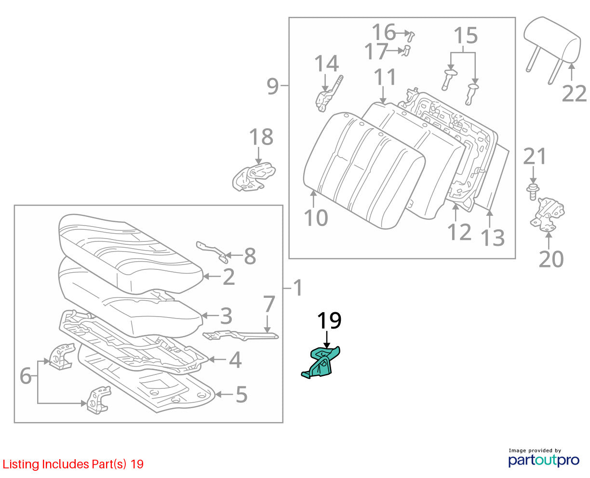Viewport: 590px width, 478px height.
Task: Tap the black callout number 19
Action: pos(329,321)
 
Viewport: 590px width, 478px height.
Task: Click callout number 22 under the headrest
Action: pos(574,93)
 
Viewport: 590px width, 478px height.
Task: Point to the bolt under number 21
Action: pos(533,191)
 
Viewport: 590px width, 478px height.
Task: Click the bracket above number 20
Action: pos(547,214)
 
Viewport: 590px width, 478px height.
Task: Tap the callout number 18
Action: pos(261,137)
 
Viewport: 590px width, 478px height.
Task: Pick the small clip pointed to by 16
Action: pos(411,36)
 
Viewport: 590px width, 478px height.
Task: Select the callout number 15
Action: pos(466,36)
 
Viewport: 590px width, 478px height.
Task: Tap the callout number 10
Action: pos(316,218)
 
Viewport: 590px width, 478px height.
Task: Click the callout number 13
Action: pos(492,238)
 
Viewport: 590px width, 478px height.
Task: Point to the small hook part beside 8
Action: pos(213,252)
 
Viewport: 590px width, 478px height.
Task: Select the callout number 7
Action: pos(269,304)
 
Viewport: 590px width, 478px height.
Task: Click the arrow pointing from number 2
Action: pos(212,276)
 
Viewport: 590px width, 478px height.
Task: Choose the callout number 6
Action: pos(26,376)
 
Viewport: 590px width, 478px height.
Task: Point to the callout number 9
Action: pos(272,86)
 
